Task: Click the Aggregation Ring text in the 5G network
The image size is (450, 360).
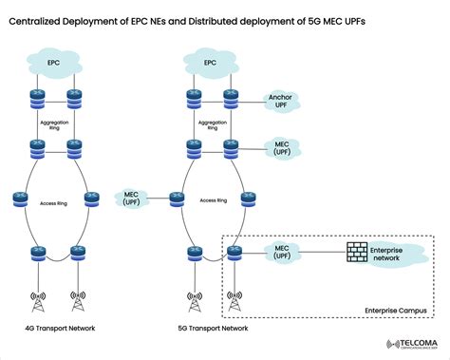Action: pyautogui.click(x=213, y=124)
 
